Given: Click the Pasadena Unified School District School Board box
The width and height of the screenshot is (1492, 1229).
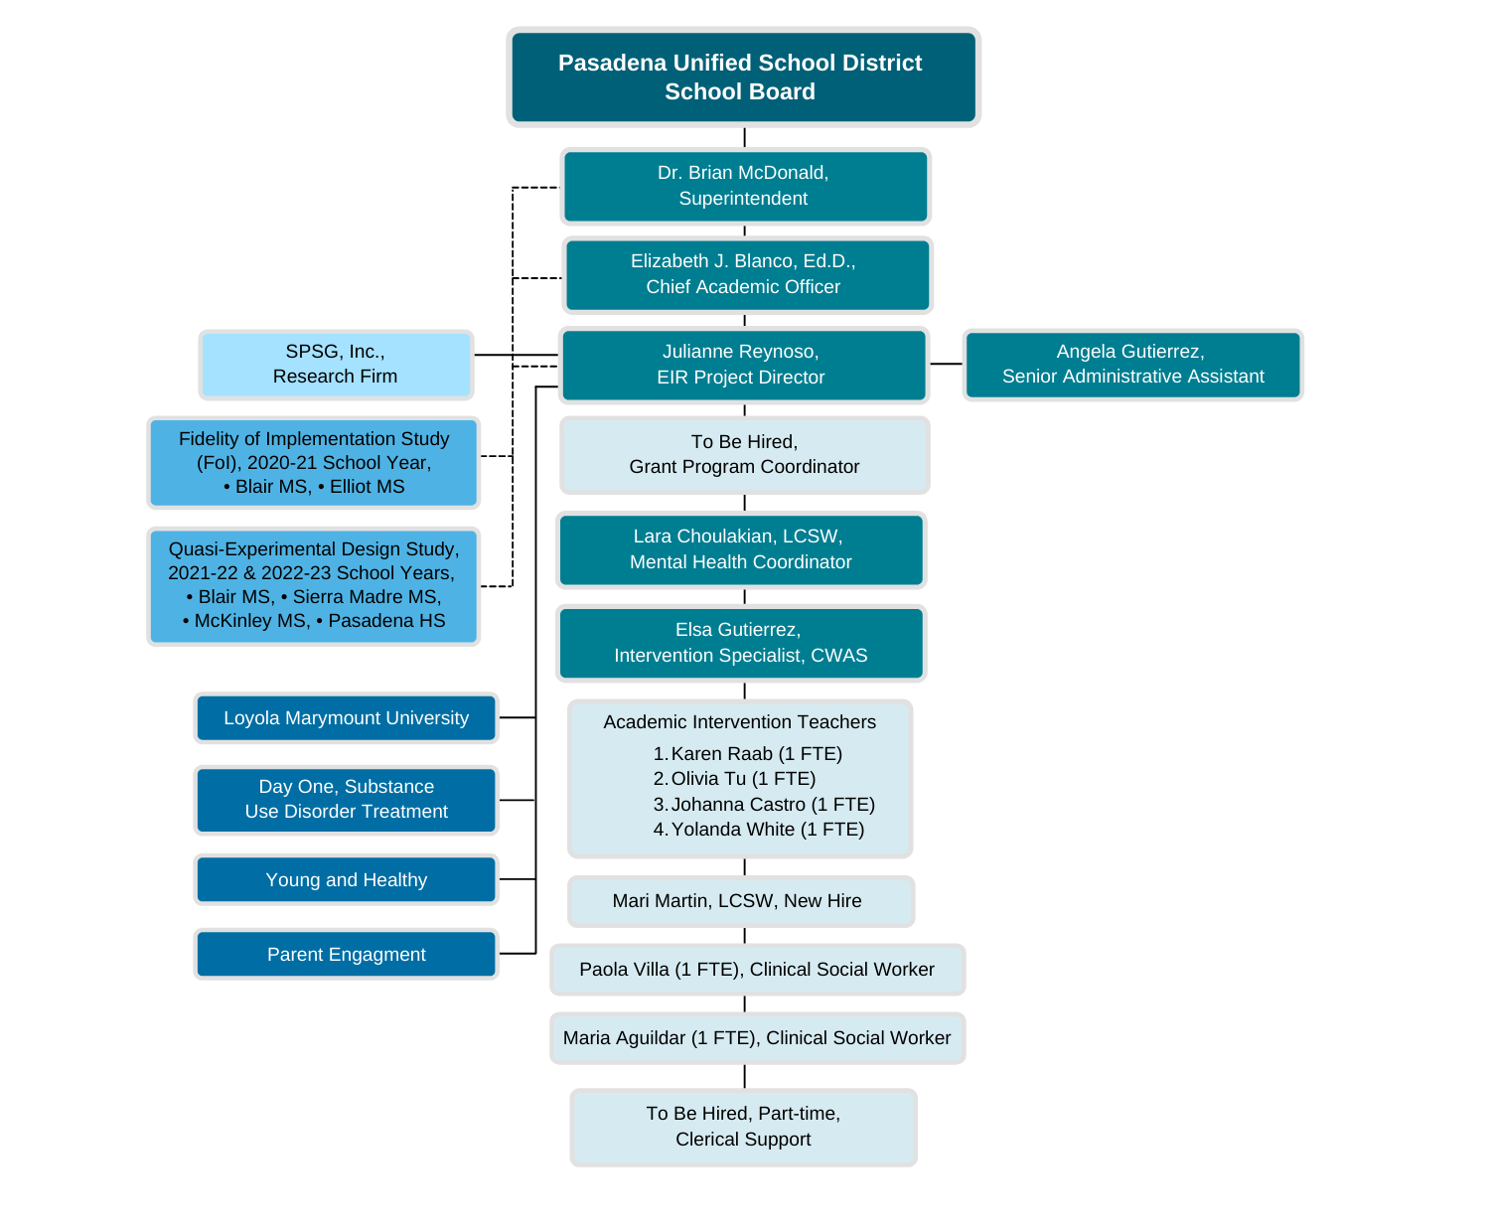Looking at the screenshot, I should pyautogui.click(x=743, y=77).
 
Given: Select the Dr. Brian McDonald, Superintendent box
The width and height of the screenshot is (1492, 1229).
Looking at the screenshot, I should pyautogui.click(x=745, y=186).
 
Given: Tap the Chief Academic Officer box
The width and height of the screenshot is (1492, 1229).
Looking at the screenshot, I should pyautogui.click(x=747, y=274).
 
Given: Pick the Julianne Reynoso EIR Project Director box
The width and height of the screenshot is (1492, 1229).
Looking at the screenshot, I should pyautogui.click(x=743, y=365).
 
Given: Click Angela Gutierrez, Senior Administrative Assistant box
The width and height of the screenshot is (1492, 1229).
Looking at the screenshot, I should pyautogui.click(x=1132, y=365).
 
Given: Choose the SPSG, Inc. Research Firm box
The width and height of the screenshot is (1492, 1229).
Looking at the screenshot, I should pyautogui.click(x=336, y=365).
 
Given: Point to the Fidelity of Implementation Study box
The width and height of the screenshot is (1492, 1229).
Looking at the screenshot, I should pyautogui.click(x=314, y=463).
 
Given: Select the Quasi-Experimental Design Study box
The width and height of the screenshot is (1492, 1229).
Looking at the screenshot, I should pyautogui.click(x=314, y=586).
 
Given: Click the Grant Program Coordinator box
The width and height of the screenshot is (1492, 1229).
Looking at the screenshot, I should pyautogui.click(x=745, y=455).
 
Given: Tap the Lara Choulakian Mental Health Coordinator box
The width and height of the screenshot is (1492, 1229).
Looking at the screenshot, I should pyautogui.click(x=741, y=549).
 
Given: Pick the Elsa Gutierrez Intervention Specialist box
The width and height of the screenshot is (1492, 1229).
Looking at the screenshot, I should pyautogui.click(x=741, y=643).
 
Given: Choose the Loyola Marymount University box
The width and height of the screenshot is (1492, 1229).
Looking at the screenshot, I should pyautogui.click(x=346, y=718).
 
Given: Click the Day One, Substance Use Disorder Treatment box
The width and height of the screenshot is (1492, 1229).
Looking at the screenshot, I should pyautogui.click(x=346, y=800).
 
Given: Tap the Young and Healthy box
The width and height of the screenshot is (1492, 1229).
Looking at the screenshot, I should pyautogui.click(x=346, y=880).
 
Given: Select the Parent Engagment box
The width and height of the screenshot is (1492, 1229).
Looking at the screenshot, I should pyautogui.click(x=346, y=955).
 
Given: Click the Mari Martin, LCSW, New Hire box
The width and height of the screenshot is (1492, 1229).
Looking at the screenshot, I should pyautogui.click(x=740, y=901).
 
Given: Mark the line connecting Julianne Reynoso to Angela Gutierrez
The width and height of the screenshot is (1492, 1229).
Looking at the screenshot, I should pyautogui.click(x=946, y=365).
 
